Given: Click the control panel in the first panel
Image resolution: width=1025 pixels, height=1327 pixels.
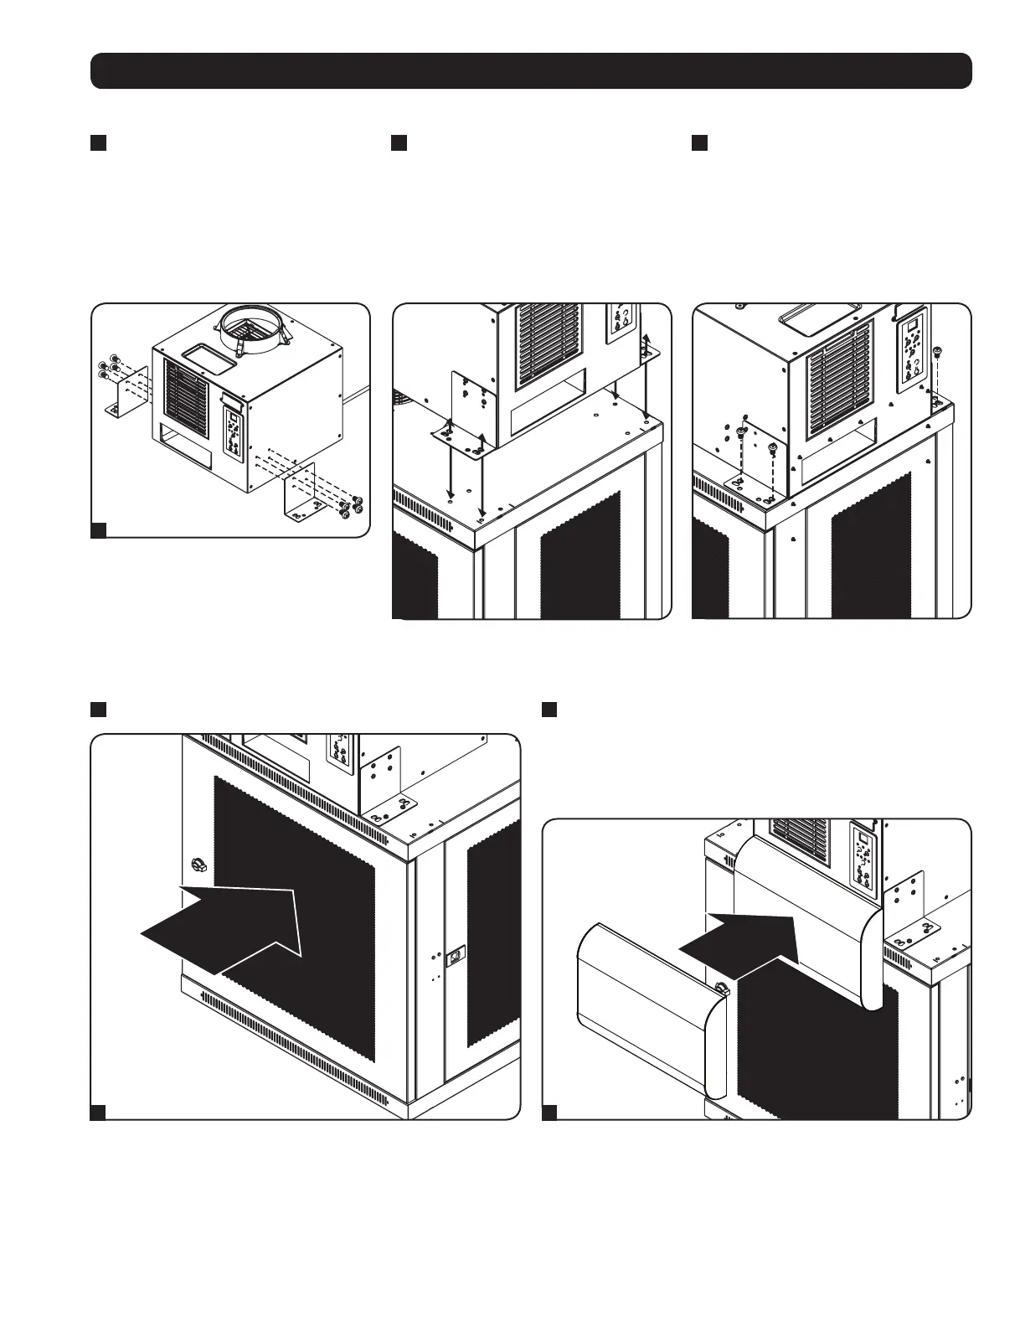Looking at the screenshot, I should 234,432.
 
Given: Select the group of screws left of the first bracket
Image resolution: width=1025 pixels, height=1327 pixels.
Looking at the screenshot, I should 109,366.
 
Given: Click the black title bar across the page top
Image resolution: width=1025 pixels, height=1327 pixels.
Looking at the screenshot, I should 531,70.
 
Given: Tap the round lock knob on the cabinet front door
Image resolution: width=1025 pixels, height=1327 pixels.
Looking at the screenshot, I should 198,864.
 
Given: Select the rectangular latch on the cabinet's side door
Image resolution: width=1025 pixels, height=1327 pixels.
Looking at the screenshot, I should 456,953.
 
